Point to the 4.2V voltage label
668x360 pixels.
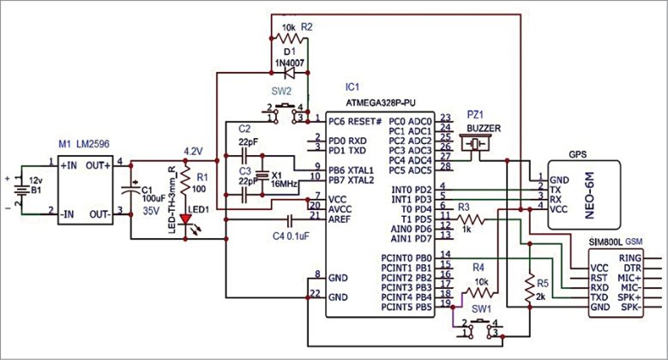coord(193,150)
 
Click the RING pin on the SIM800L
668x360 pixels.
coord(631,256)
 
